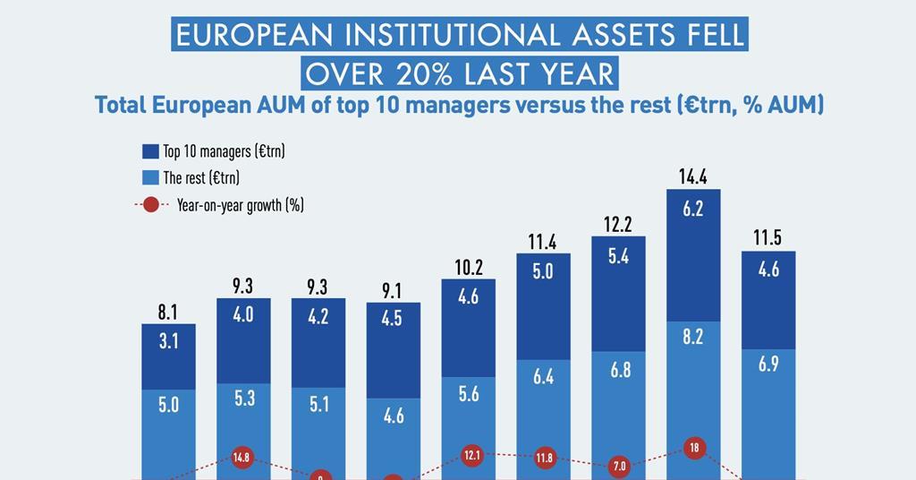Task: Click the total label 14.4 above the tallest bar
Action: [693, 177]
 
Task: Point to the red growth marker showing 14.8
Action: [242, 459]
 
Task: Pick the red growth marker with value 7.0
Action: [618, 466]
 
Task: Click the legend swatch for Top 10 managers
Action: [150, 150]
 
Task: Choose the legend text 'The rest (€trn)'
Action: [201, 177]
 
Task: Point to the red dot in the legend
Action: [150, 204]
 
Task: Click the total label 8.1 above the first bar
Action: [168, 313]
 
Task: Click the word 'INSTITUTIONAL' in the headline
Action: [436, 35]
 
